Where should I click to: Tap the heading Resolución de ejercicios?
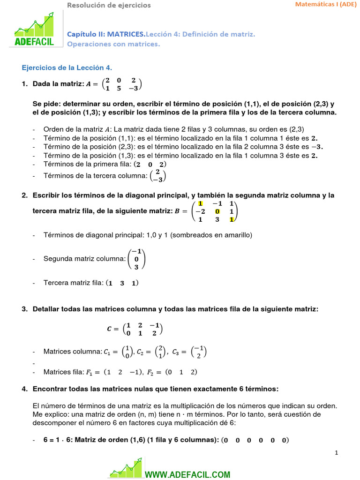click(x=109, y=5)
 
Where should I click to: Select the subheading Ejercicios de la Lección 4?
click(x=67, y=67)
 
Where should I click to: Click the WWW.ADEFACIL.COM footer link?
click(x=187, y=474)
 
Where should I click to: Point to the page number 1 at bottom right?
click(x=337, y=452)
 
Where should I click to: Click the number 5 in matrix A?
click(x=119, y=88)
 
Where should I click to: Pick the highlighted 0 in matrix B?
click(x=217, y=211)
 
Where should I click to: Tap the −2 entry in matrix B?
click(x=201, y=211)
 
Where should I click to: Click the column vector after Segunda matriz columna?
click(x=136, y=259)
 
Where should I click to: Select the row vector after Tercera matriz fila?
click(x=122, y=283)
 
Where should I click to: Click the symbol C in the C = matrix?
click(x=110, y=329)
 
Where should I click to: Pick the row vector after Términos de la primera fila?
click(x=150, y=165)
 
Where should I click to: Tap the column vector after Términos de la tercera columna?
click(x=158, y=176)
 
